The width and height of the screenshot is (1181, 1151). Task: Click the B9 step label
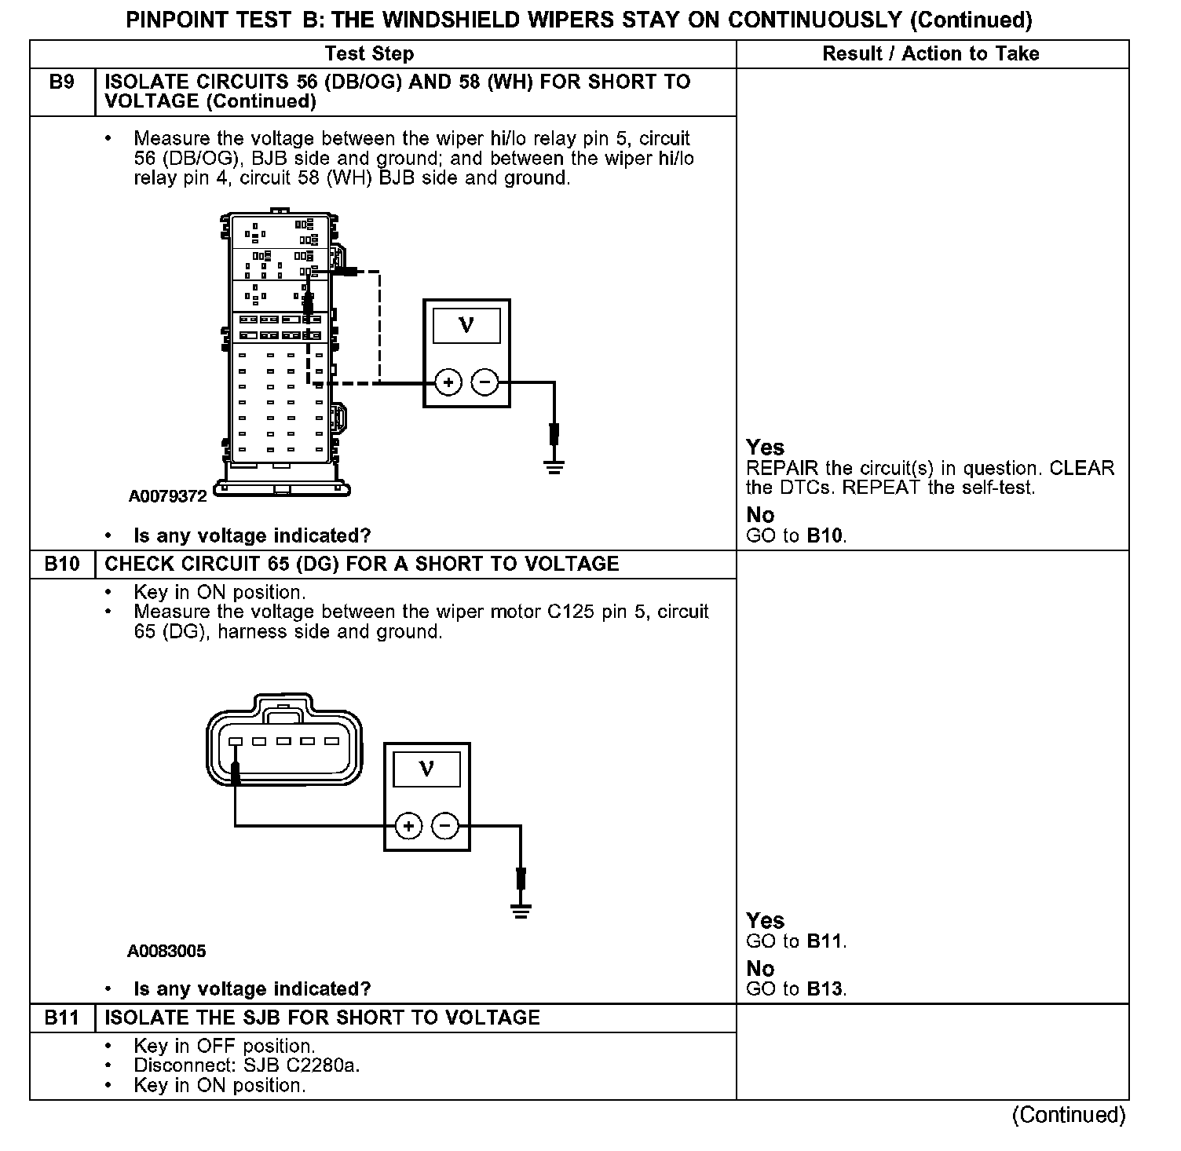61,82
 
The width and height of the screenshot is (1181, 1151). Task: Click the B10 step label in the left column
61,565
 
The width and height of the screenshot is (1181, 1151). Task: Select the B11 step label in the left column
61,1018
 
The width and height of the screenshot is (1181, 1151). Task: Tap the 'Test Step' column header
369,53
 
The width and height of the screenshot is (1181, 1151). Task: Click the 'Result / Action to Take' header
931,53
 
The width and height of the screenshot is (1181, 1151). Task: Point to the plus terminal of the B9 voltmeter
448,383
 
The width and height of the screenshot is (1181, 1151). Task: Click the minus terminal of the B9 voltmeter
484,383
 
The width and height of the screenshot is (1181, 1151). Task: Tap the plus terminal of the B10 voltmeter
408,826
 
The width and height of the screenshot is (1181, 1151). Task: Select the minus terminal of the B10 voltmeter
445,826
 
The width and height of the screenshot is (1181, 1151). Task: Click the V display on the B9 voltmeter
466,325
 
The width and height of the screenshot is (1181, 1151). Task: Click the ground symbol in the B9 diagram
554,467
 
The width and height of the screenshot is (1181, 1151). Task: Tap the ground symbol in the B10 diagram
520,911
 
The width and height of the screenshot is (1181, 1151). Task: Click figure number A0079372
167,496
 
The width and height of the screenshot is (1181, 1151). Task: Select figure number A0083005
166,952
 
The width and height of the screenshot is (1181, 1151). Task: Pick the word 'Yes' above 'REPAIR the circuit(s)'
765,448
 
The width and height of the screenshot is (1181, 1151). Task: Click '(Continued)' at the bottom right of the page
1069,1115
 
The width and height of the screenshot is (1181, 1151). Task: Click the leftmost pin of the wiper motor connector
236,741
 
